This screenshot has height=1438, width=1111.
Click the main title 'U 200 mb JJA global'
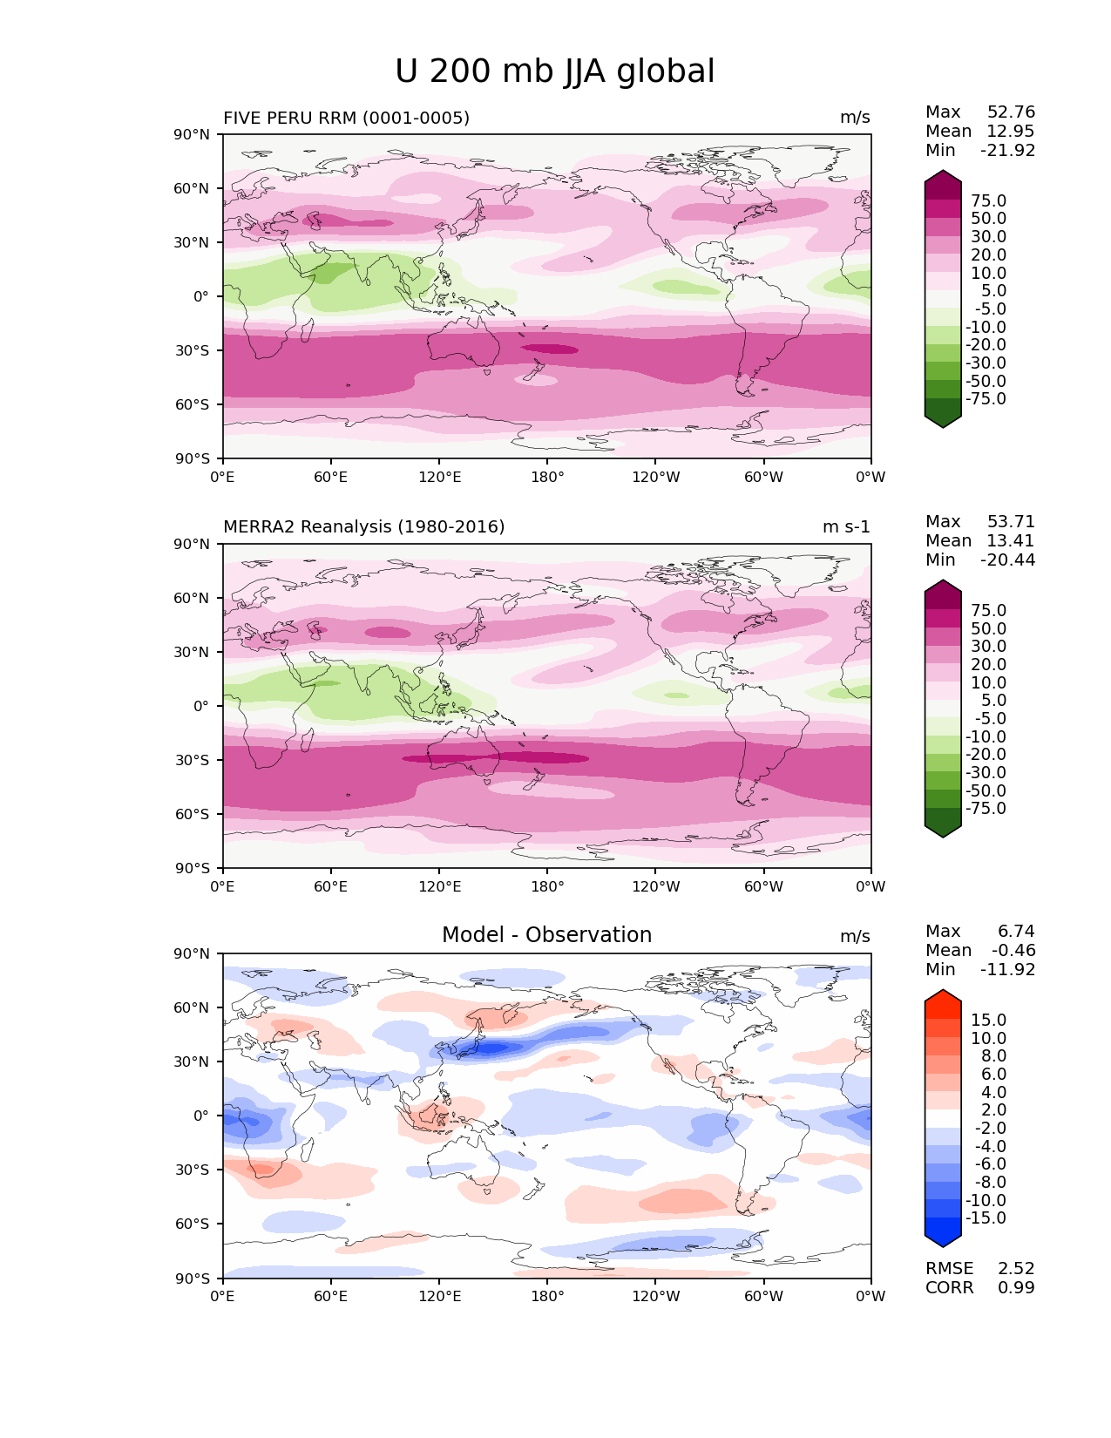[x=555, y=71]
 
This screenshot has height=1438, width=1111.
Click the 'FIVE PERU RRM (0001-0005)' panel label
[x=346, y=118]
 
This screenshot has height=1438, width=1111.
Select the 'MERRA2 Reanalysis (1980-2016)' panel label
[x=363, y=527]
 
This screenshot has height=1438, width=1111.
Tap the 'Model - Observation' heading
[x=546, y=935]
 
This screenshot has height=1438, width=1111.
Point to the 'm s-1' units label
[x=846, y=527]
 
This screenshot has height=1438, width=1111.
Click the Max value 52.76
[x=1011, y=112]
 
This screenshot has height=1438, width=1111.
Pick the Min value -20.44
[x=1007, y=560]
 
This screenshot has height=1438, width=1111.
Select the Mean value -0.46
[x=1013, y=951]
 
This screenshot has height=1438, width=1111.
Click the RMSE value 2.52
[x=1016, y=1269]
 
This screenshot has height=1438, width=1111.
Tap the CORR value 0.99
[x=1016, y=1288]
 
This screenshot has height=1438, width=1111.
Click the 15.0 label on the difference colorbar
[x=988, y=1021]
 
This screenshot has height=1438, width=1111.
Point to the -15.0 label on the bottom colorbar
[x=986, y=1218]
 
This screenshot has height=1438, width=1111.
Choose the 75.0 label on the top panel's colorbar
[x=988, y=201]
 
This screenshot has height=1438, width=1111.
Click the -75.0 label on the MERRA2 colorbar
[x=986, y=809]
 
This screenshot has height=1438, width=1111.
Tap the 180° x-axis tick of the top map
[x=547, y=478]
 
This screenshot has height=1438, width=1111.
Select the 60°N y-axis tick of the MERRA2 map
[x=191, y=599]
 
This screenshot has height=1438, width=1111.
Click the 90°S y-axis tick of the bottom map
[x=191, y=1279]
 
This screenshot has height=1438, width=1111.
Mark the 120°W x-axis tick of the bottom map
[x=655, y=1297]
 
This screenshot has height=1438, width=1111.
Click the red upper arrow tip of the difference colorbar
[x=943, y=996]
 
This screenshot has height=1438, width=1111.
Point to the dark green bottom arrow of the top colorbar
[x=943, y=421]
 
